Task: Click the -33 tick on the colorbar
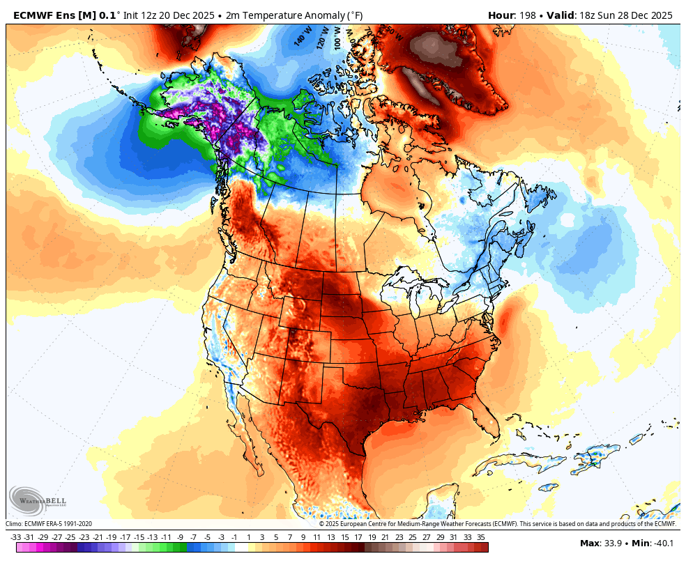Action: (16, 537)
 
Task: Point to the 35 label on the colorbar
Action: (481, 537)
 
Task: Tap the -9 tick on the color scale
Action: (180, 537)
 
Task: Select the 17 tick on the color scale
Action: (358, 537)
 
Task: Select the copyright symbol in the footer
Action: (321, 524)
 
